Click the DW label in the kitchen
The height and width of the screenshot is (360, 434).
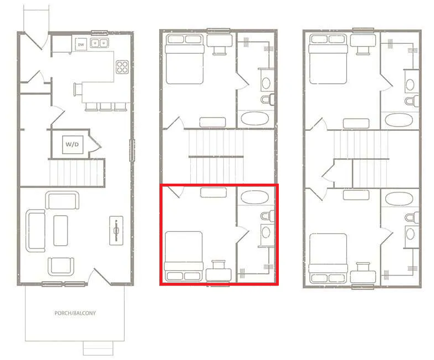(81, 44)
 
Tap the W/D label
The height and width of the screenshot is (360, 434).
(73, 144)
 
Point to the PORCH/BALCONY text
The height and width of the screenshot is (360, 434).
(75, 313)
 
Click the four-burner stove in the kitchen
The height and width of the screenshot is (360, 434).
(121, 67)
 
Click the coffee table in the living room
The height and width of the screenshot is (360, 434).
(60, 230)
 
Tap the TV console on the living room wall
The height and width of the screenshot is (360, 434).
(116, 229)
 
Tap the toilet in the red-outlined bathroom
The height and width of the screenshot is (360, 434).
(267, 216)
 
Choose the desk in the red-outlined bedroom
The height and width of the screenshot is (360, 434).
(218, 273)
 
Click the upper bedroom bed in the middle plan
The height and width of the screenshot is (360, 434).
(184, 59)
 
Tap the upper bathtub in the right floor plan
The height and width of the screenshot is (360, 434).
(398, 120)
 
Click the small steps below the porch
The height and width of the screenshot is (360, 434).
(98, 348)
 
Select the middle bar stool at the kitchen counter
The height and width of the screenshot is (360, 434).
(105, 106)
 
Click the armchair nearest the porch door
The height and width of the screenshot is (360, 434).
(61, 266)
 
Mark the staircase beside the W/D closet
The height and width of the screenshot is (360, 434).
(76, 173)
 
